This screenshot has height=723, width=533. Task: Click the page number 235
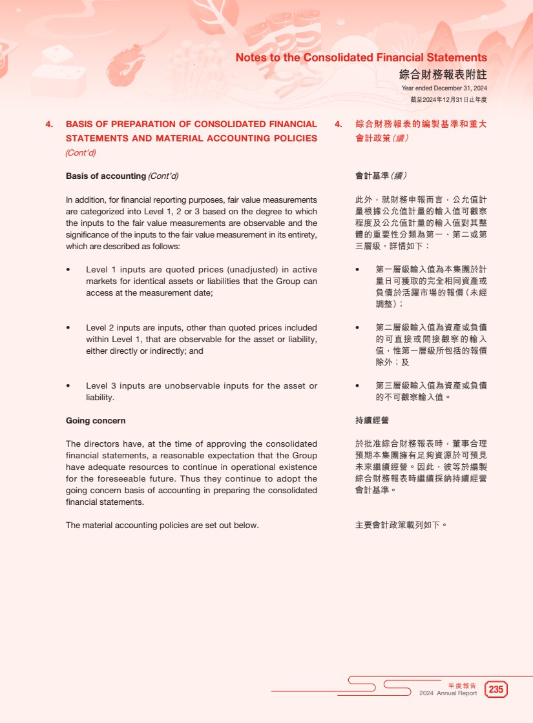click(x=496, y=689)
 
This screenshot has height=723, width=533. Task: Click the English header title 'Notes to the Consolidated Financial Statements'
click(x=361, y=57)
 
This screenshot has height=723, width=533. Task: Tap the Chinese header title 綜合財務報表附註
click(x=443, y=75)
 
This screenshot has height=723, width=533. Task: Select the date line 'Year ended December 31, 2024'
click(x=444, y=88)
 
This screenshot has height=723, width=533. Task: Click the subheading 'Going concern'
click(x=96, y=421)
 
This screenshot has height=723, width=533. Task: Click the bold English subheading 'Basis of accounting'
click(x=106, y=176)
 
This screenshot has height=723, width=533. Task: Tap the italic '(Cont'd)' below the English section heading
click(x=81, y=153)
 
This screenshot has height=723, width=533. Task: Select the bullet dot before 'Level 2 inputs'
click(x=68, y=328)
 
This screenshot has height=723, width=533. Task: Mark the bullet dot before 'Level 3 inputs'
click(x=68, y=386)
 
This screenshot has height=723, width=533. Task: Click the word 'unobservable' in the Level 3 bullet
click(x=192, y=386)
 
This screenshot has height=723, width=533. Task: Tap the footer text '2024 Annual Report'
click(x=448, y=693)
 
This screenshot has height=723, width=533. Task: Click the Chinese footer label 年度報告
click(x=462, y=686)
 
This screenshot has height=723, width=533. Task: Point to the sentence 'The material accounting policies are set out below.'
click(x=162, y=525)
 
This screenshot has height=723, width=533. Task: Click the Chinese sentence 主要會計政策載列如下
click(x=401, y=525)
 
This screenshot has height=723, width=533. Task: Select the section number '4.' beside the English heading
click(x=49, y=124)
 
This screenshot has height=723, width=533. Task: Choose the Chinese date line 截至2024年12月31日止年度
click(x=448, y=99)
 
